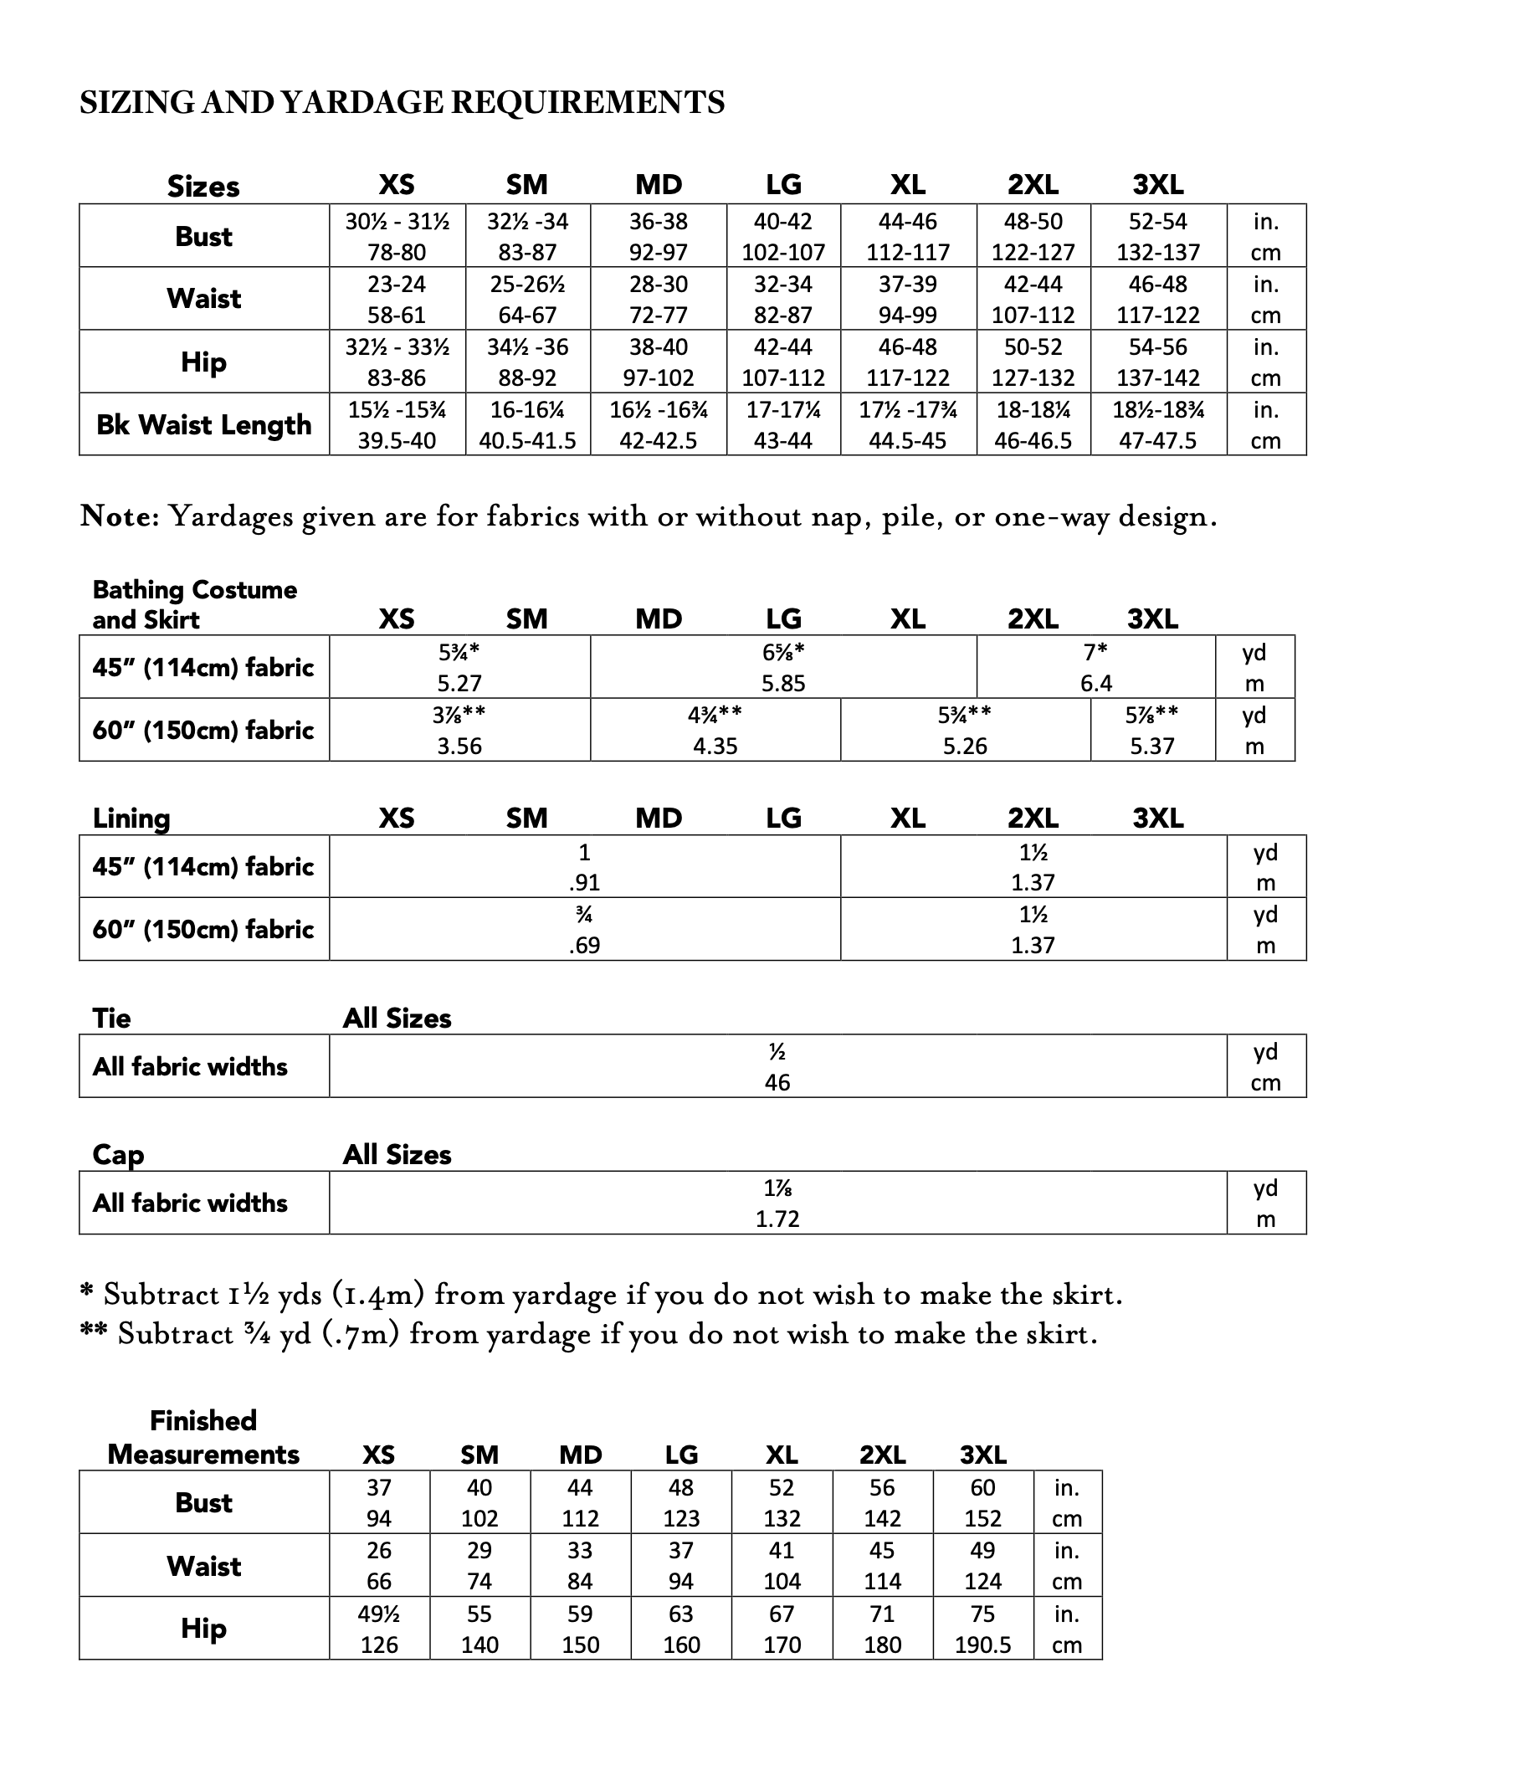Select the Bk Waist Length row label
tap(203, 425)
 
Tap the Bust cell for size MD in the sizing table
tap(658, 237)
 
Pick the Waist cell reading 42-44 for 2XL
tap(1033, 300)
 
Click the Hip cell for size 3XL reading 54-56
tap(1158, 362)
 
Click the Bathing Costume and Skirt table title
tap(194, 604)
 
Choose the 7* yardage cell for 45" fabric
tap(1095, 667)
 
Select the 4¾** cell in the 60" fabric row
tap(715, 730)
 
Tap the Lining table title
tap(131, 818)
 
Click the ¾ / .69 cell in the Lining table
tap(584, 929)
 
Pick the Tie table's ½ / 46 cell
tap(777, 1066)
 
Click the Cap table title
tap(118, 1155)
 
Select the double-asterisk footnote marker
tap(93, 1332)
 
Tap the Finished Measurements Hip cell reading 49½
tap(379, 1629)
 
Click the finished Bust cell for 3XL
tap(982, 1502)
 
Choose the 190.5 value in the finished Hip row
tap(982, 1645)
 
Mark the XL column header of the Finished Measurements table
tap(782, 1455)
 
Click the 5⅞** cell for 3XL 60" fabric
tap(1151, 730)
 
